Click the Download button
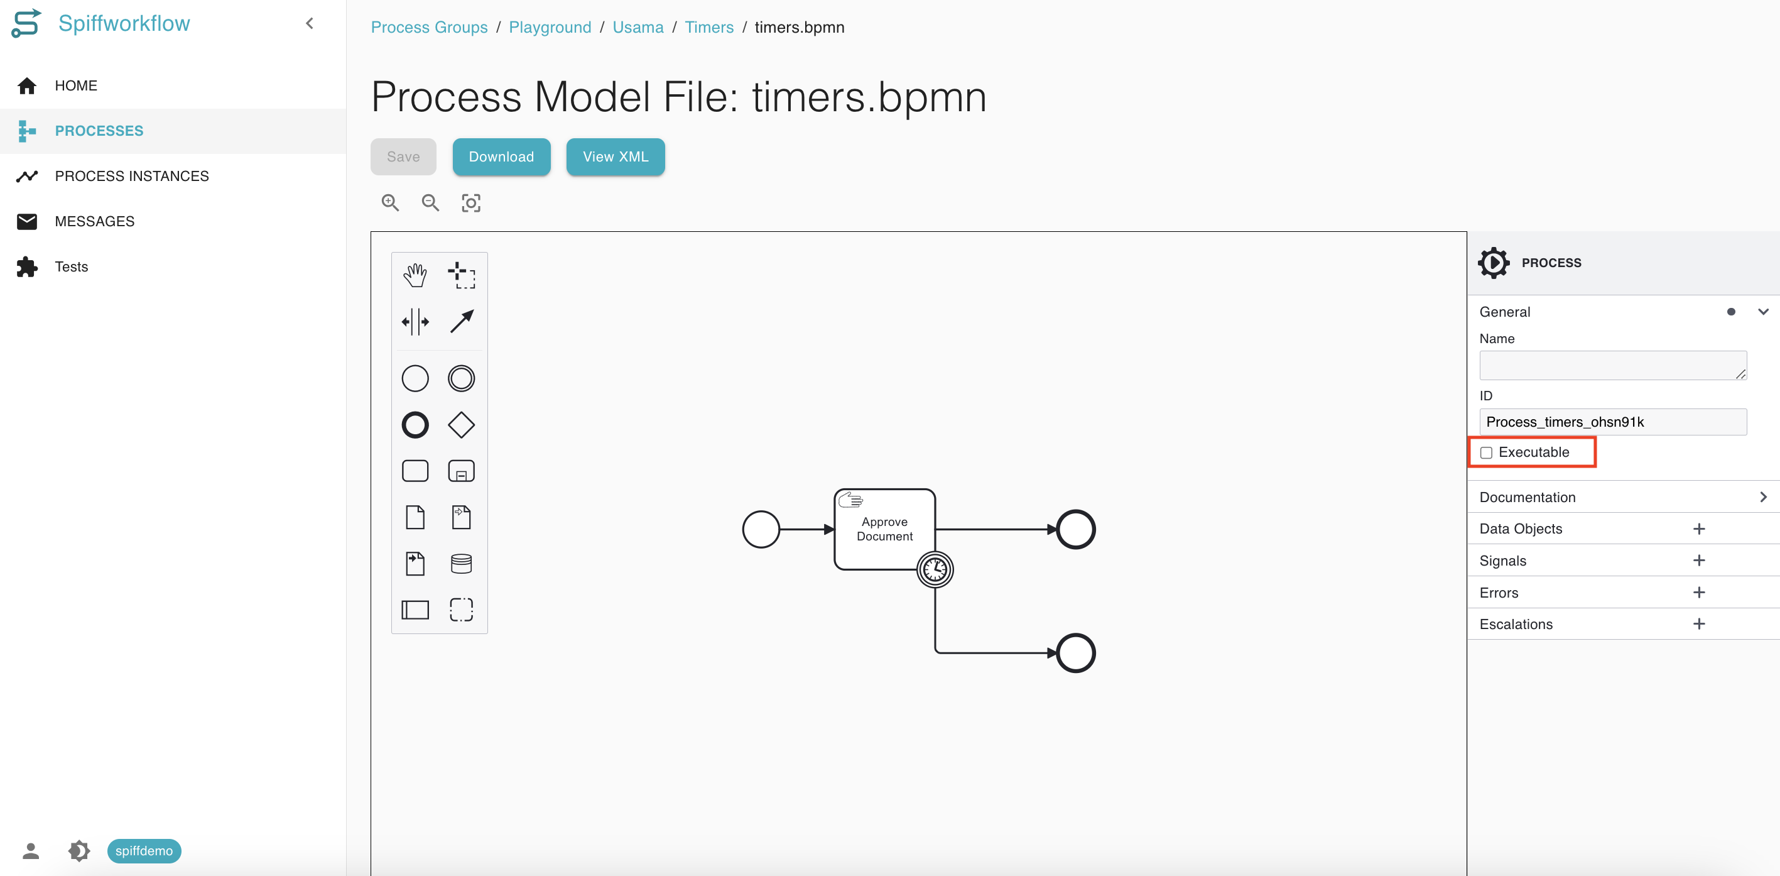click(x=501, y=157)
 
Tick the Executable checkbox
click(x=1486, y=453)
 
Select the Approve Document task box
click(x=884, y=529)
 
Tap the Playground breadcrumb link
click(x=550, y=27)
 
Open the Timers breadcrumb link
click(x=709, y=27)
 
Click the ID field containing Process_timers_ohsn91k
click(x=1613, y=422)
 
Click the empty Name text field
click(x=1613, y=365)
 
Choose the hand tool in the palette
click(x=415, y=275)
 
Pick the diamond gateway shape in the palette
click(x=461, y=425)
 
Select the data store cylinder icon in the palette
click(x=461, y=564)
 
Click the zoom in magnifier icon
click(x=391, y=202)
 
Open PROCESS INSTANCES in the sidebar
click(x=131, y=177)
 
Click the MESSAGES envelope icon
click(x=27, y=221)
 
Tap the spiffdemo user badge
click(x=144, y=850)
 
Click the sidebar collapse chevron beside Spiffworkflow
click(x=310, y=23)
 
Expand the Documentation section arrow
click(x=1762, y=497)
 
